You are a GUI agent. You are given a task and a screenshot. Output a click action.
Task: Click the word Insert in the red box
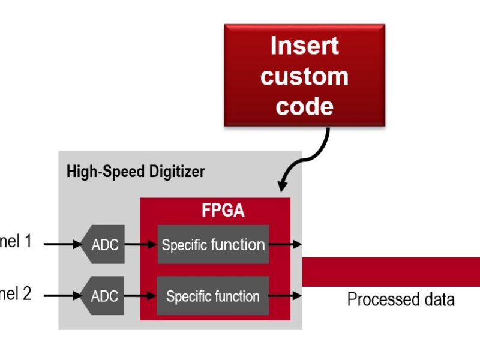[x=304, y=46]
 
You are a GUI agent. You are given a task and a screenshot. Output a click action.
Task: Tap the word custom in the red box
[x=304, y=76]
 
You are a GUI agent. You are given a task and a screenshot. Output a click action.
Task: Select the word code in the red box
[x=304, y=106]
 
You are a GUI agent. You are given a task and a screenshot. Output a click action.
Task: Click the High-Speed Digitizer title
[x=135, y=172]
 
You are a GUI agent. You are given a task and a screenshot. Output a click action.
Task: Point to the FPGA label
[x=223, y=211]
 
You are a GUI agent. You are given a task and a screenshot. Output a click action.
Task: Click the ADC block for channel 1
[x=104, y=245]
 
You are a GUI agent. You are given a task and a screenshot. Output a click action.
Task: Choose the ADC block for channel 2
[x=104, y=296]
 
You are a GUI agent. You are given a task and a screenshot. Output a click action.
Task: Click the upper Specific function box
[x=213, y=245]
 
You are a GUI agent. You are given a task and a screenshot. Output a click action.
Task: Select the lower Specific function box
[x=213, y=296]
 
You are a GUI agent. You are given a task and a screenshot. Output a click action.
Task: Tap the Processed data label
[x=400, y=299]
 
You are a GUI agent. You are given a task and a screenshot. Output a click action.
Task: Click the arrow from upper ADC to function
[x=140, y=244]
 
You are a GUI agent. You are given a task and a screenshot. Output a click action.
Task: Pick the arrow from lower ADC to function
[x=140, y=295]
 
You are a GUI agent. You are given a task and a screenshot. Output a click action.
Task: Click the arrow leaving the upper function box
[x=285, y=244]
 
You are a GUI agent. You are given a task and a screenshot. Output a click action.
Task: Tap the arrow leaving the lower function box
[x=285, y=295]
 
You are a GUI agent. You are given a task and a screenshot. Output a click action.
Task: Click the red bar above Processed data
[x=391, y=272]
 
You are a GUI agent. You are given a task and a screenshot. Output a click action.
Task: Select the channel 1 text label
[x=15, y=242]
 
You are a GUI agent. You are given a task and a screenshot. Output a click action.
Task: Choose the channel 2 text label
[x=15, y=293]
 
